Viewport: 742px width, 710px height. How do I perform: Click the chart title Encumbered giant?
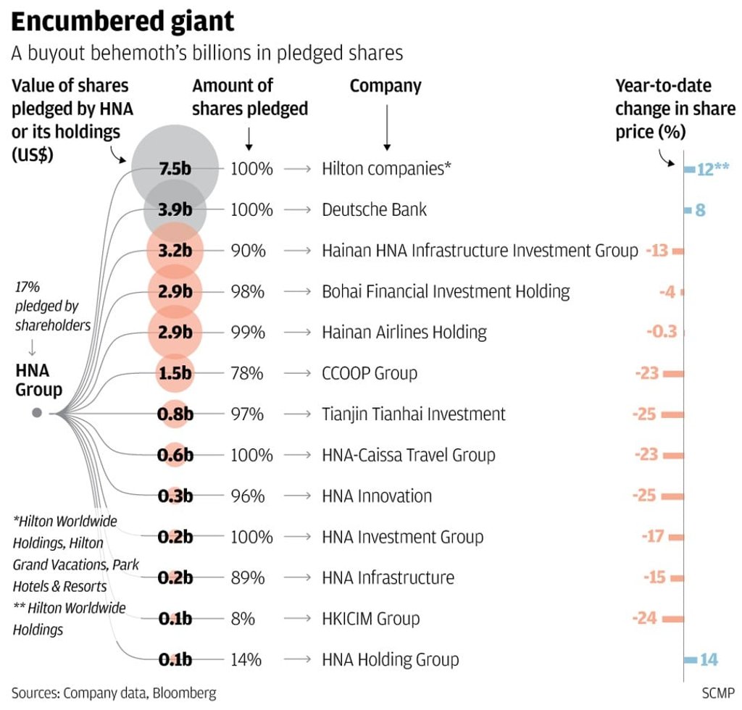(123, 21)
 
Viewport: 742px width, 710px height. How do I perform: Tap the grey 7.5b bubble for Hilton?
(175, 170)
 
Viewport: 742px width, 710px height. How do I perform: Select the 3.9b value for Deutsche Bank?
(175, 210)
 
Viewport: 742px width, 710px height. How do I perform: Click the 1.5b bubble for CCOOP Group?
(175, 374)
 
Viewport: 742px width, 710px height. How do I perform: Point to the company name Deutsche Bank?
(374, 210)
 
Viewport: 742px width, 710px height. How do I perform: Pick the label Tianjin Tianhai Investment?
(414, 414)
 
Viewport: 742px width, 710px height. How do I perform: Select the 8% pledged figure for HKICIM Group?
(243, 619)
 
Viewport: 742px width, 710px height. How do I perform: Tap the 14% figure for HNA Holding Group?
(246, 660)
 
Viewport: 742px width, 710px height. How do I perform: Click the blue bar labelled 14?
(691, 660)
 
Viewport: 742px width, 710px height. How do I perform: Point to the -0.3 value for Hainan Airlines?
(661, 333)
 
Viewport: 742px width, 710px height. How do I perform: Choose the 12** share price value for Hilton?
(712, 170)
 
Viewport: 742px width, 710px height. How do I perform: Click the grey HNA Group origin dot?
(37, 413)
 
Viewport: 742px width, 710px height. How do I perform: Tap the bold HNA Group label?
(38, 380)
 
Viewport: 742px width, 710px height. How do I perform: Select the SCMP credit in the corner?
(717, 693)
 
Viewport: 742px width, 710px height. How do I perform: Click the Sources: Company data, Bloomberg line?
(114, 693)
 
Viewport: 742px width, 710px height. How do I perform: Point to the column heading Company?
(385, 86)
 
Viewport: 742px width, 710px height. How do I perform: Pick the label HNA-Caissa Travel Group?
(409, 456)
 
